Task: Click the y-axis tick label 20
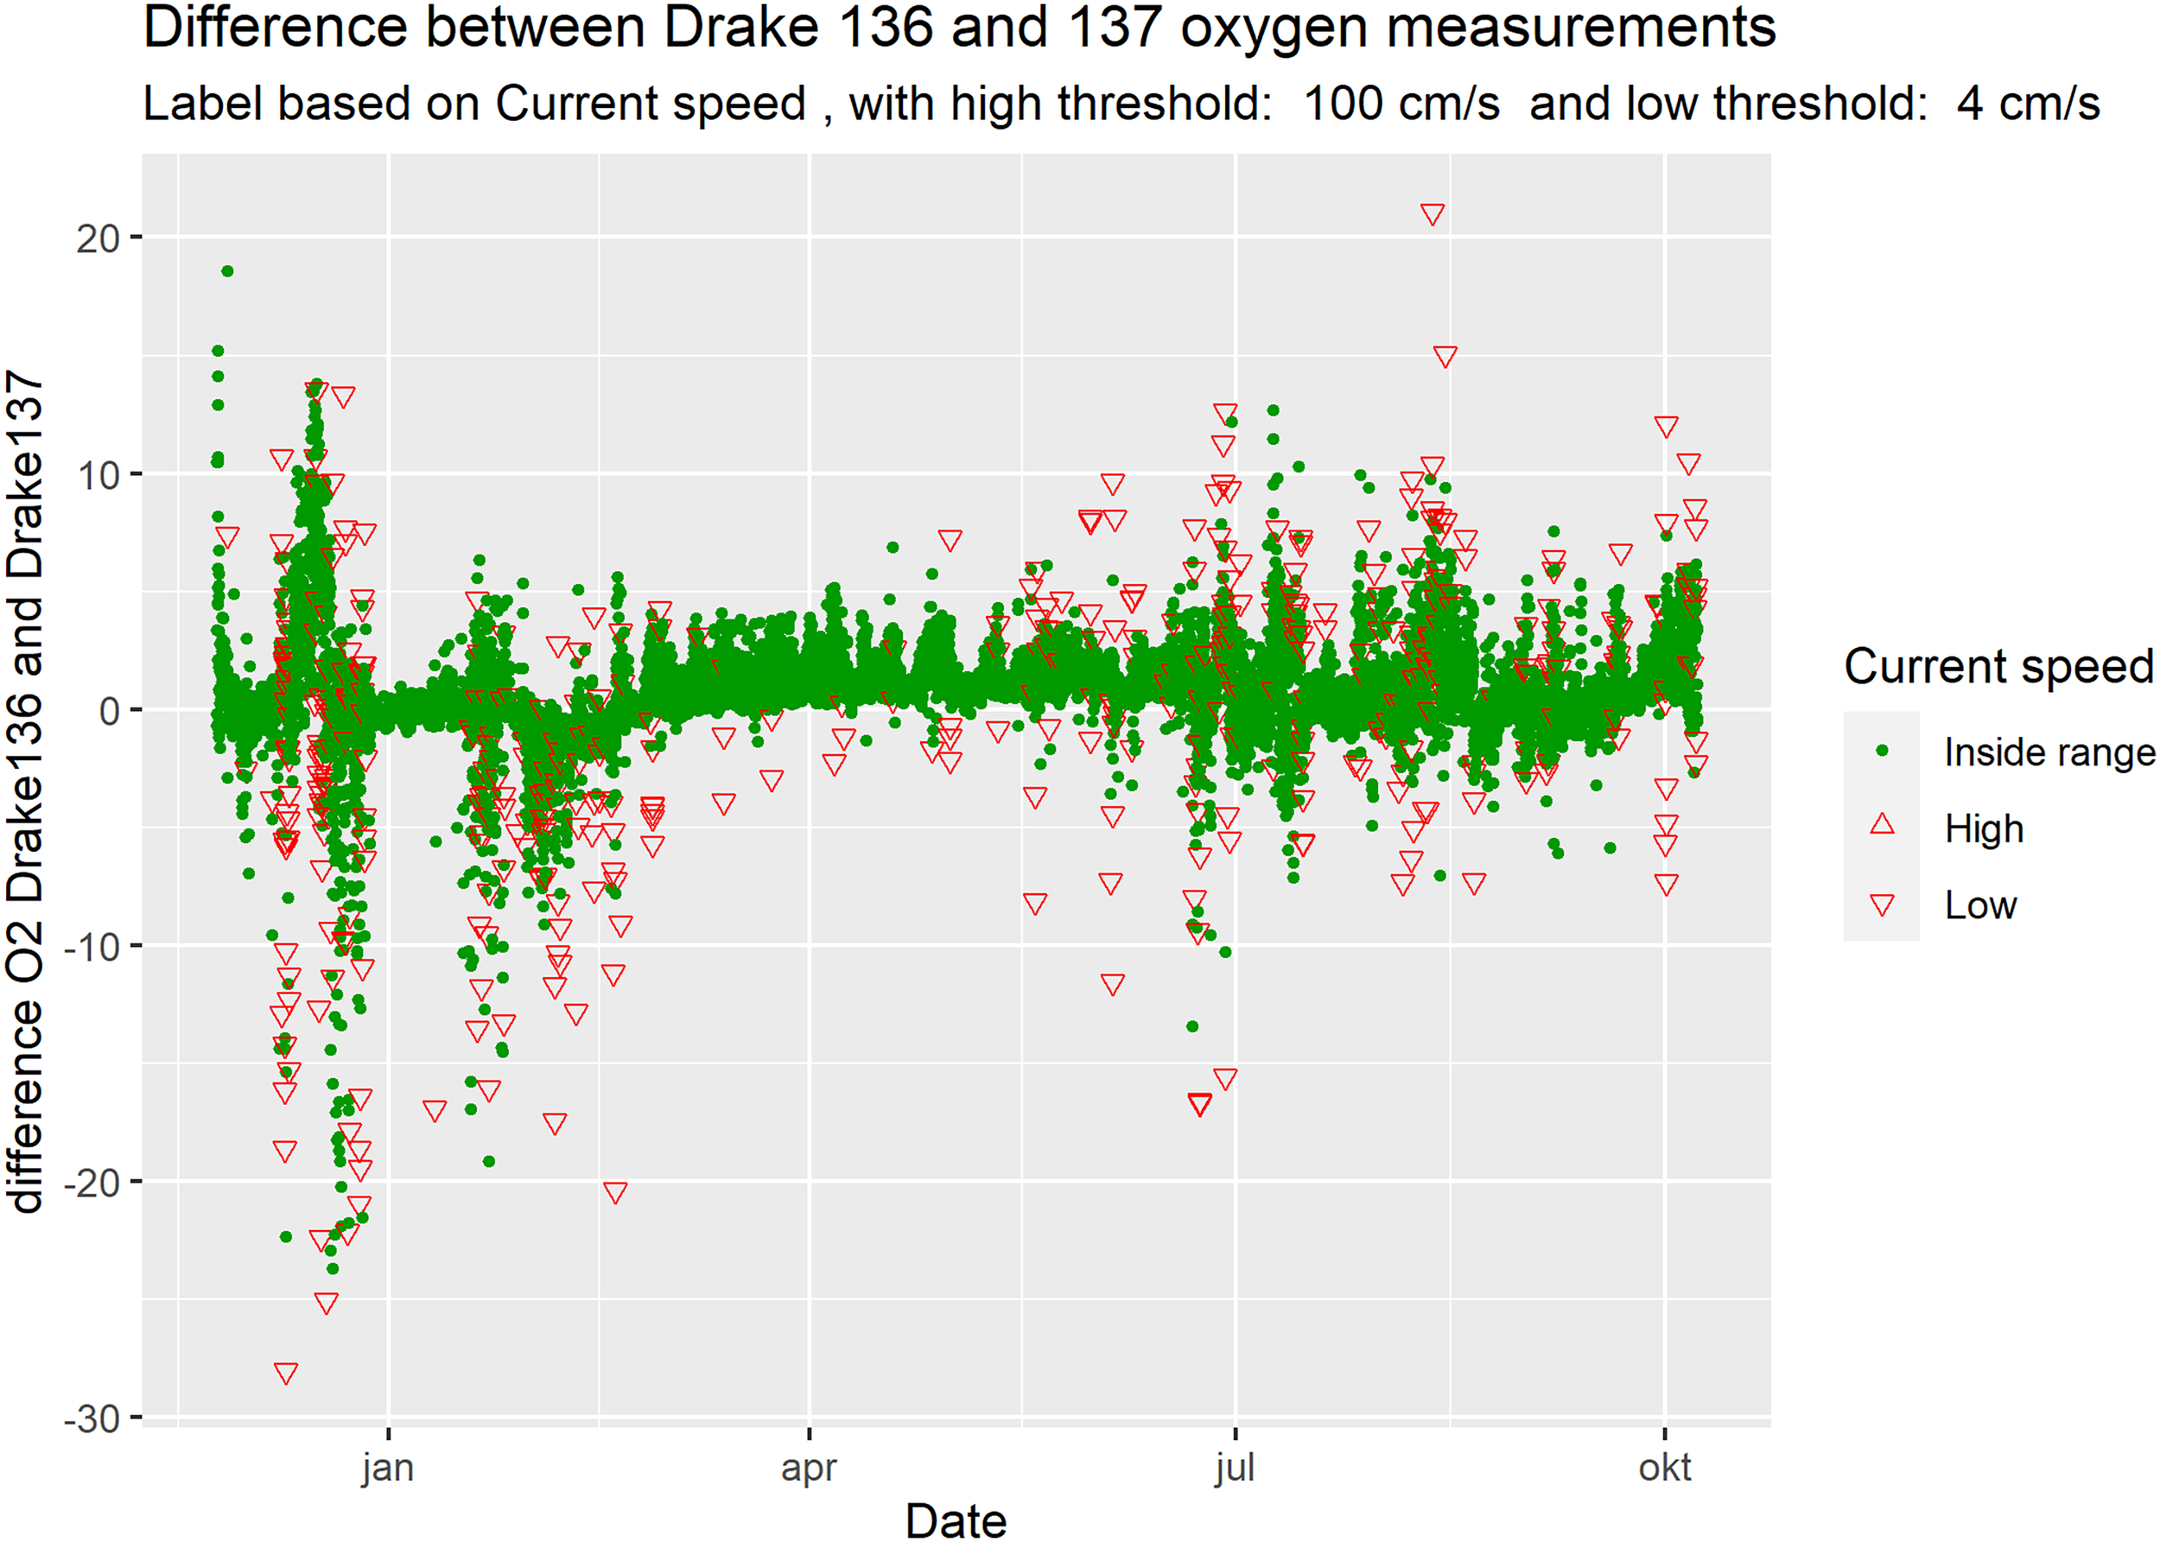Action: tap(98, 238)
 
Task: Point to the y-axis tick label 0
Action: tap(109, 711)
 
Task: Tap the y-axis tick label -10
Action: tap(93, 947)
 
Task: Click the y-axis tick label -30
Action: tap(93, 1419)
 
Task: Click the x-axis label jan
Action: tap(387, 1468)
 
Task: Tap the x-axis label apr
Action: tap(809, 1468)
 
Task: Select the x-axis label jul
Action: tap(1235, 1468)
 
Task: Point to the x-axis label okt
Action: tap(1664, 1468)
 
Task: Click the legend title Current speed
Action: tap(1998, 667)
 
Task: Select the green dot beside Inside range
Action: tap(1882, 751)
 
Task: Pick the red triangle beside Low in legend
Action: tap(1882, 904)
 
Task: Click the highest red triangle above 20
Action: tap(1433, 213)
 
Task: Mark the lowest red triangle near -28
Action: tap(286, 1373)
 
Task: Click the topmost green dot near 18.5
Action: tap(228, 271)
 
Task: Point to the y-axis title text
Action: tap(26, 793)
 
